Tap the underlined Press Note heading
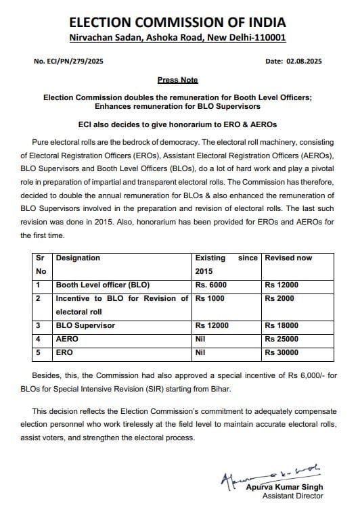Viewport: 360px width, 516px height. click(177, 80)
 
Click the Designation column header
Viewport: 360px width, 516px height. click(78, 258)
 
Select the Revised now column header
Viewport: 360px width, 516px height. click(288, 258)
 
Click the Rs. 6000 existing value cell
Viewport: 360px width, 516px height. click(212, 285)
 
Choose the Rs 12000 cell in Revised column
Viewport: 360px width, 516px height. click(282, 285)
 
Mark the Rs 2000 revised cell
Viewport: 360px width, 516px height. click(279, 298)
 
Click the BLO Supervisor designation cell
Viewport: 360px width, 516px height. click(85, 325)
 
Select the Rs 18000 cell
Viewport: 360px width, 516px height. click(282, 325)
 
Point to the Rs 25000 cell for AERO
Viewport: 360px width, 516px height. click(282, 339)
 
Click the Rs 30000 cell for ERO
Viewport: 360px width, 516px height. click(282, 352)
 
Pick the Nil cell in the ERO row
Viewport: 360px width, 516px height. click(201, 352)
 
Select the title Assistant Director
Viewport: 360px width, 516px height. click(292, 496)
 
